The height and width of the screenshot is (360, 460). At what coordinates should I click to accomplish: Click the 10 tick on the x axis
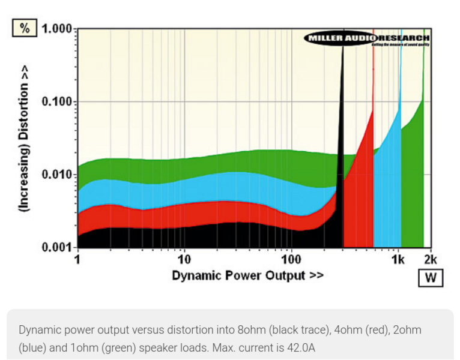pos(184,259)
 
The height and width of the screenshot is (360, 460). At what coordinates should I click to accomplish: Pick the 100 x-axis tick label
pos(291,259)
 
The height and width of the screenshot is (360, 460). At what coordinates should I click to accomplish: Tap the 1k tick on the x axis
pos(398,259)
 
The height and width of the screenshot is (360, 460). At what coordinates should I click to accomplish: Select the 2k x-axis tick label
pos(430,259)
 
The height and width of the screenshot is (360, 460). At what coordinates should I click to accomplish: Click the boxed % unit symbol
pos(25,28)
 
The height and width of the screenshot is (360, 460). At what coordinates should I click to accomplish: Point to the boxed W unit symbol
pos(431,278)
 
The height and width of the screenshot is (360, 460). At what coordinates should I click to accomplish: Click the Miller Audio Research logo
pos(367,39)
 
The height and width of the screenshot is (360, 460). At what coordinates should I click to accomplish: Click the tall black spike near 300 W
pos(343,120)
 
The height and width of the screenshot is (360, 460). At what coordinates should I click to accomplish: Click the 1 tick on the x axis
pos(78,259)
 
